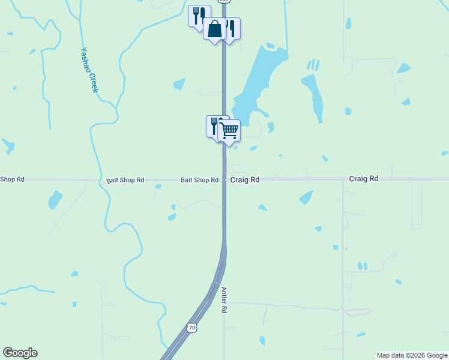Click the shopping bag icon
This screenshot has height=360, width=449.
click(214, 29)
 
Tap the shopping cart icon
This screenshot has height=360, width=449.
click(229, 130)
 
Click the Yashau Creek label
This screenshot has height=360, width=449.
click(89, 70)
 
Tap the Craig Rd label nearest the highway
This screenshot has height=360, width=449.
click(245, 179)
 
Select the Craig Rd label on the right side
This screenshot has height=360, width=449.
click(364, 179)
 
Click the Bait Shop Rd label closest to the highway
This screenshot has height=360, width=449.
click(199, 180)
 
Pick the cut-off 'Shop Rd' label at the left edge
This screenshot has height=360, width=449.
click(13, 179)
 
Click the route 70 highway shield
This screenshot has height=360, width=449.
click(191, 328)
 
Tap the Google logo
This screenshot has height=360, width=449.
click(20, 353)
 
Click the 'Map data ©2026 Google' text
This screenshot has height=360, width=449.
click(412, 355)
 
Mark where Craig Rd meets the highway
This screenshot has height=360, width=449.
click(224, 179)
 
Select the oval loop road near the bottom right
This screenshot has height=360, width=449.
click(357, 312)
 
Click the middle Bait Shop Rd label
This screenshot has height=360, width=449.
click(125, 179)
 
